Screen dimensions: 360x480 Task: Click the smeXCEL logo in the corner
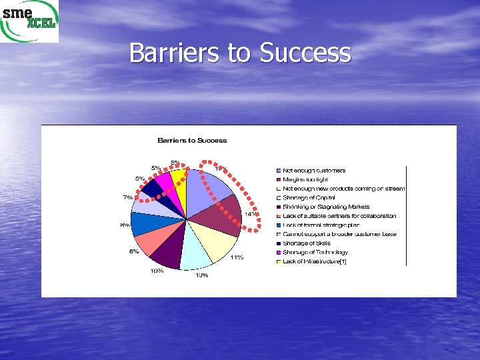click(29, 21)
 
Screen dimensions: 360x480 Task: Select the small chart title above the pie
click(192, 141)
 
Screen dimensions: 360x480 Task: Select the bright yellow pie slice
click(179, 185)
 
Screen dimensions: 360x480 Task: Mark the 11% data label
click(237, 257)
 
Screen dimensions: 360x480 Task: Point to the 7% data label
click(127, 197)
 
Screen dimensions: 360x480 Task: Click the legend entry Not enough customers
click(314, 171)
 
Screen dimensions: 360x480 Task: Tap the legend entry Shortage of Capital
click(309, 197)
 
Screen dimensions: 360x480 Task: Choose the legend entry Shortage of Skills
click(307, 243)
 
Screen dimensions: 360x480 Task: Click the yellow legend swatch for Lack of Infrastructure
click(279, 262)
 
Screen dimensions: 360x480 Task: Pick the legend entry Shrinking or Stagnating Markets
click(326, 207)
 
